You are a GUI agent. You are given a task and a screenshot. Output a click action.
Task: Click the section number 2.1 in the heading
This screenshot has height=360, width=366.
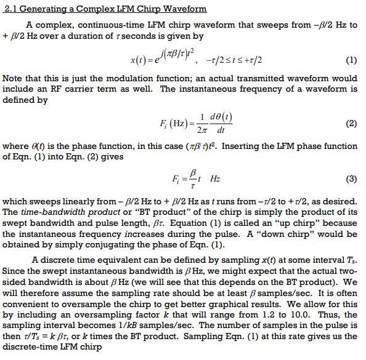tap(11, 9)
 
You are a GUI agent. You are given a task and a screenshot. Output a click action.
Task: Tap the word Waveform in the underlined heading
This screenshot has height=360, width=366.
tap(183, 9)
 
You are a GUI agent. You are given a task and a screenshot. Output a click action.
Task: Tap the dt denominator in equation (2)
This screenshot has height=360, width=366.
tap(221, 130)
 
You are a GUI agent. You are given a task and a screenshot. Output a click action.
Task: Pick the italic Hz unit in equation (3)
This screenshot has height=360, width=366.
tap(214, 180)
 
